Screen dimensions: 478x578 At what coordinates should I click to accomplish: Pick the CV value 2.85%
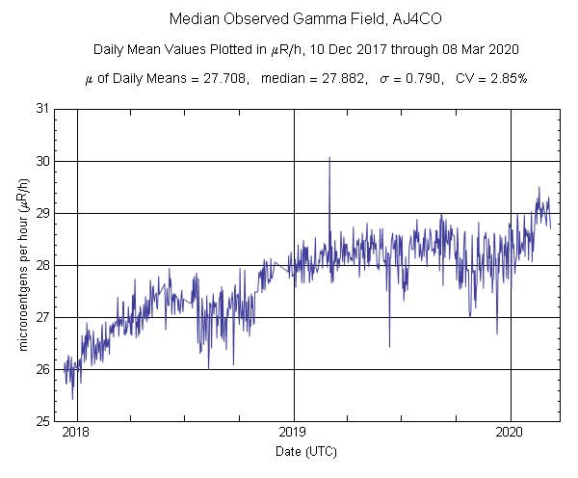point(507,79)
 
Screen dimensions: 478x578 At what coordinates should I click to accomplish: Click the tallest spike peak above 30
point(329,158)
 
